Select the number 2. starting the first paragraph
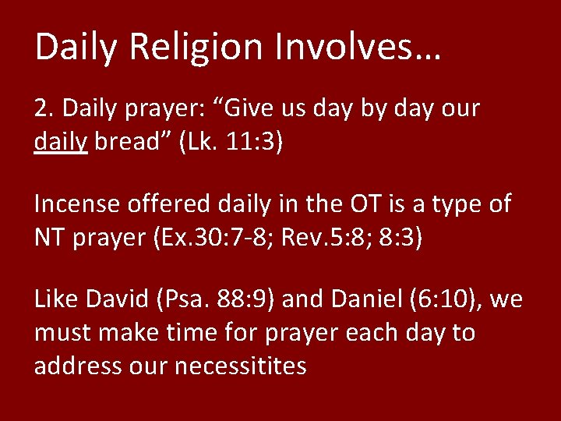click(x=43, y=108)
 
